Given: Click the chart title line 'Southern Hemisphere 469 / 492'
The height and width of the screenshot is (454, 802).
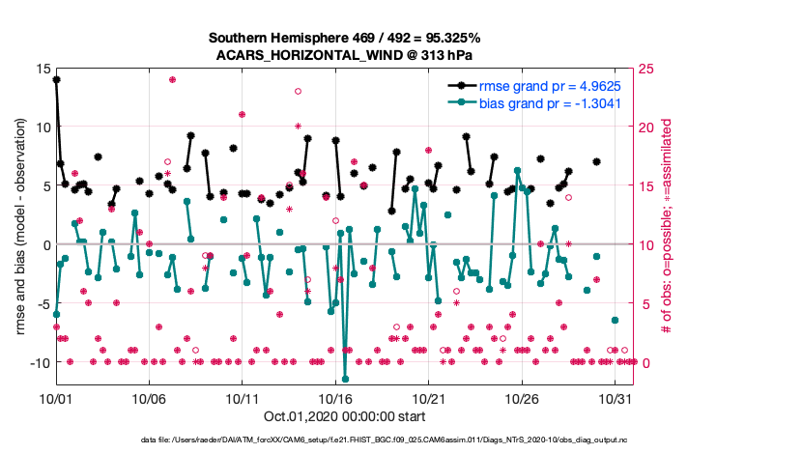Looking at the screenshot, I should tap(344, 38).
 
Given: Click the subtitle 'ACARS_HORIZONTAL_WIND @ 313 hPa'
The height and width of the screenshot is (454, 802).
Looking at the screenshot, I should tap(344, 55).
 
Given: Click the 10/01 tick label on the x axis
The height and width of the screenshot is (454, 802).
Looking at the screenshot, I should tap(56, 398).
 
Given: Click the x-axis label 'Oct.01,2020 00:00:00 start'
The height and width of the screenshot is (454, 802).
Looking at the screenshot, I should tap(344, 417).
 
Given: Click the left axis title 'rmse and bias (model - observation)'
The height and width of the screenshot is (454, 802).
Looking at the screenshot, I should tap(20, 228).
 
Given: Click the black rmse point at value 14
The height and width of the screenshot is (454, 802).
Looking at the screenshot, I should tap(56, 80).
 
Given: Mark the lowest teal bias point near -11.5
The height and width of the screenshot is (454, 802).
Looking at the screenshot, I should tap(345, 379).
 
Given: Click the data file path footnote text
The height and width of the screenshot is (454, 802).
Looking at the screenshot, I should tap(344, 440).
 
